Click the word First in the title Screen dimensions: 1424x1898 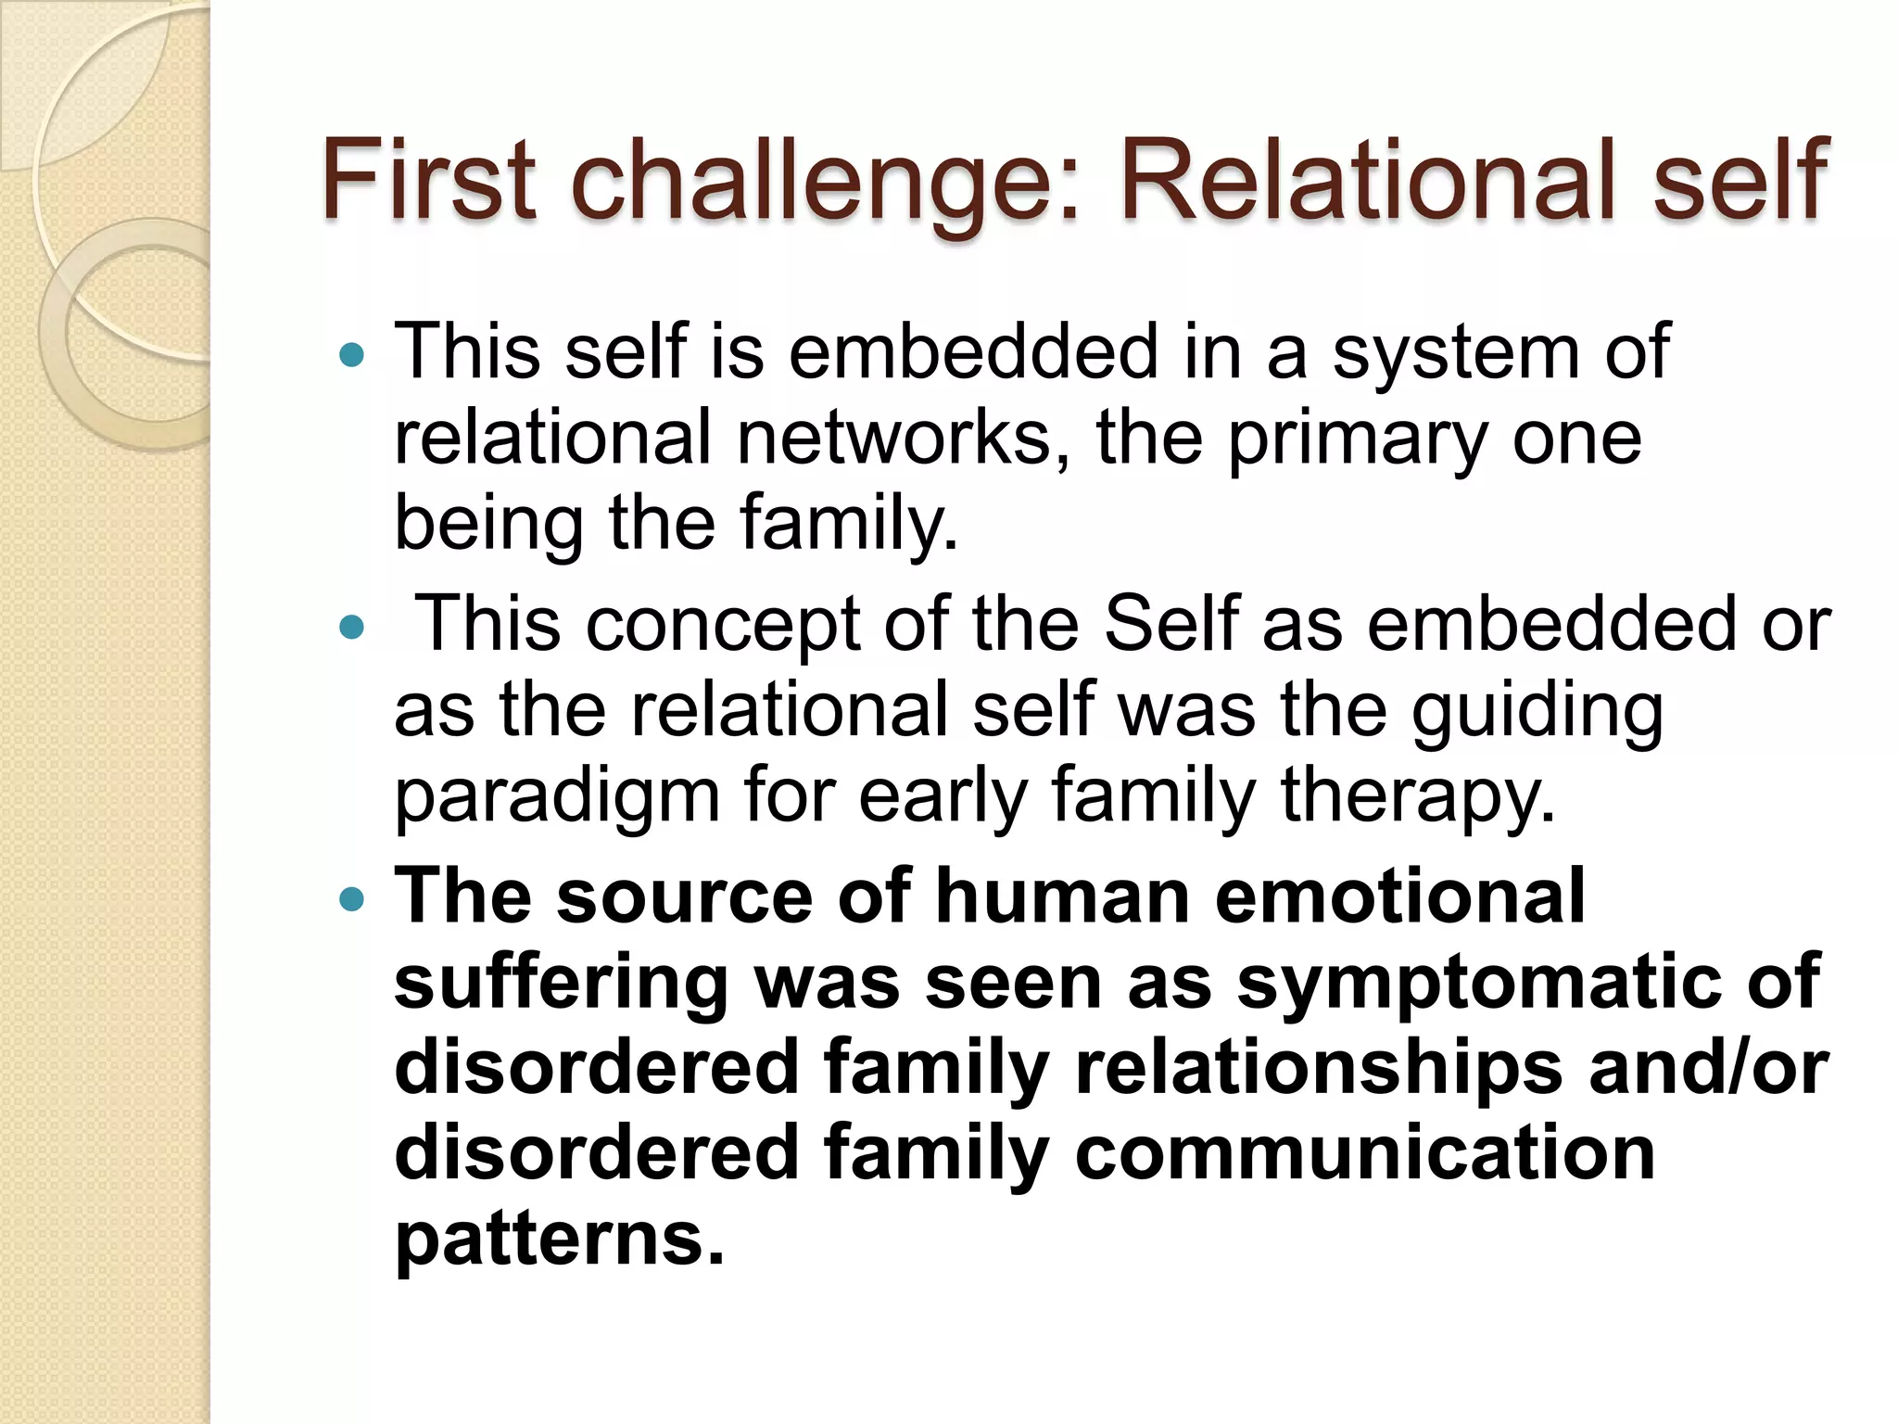[428, 178]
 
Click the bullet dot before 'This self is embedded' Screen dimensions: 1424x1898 [352, 354]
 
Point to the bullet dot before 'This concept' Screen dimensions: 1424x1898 [352, 628]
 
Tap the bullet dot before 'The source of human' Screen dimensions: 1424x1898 [352, 898]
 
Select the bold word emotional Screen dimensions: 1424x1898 [1399, 896]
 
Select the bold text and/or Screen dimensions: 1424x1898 [1708, 1067]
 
